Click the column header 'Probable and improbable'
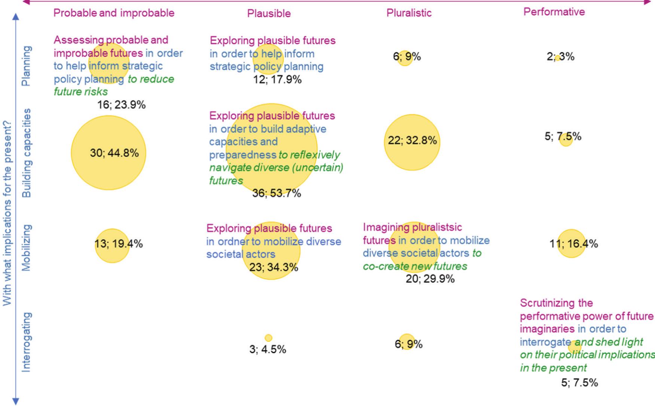114,13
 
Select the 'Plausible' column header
269,13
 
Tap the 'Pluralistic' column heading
409,13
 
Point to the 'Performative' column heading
554,12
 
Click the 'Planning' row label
27,66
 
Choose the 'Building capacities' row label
27,153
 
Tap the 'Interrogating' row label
27,342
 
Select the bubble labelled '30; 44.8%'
109,153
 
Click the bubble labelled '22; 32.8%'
412,142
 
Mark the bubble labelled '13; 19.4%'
112,246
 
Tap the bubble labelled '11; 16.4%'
572,244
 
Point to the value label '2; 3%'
560,57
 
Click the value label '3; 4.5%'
268,349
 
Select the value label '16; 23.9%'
121,105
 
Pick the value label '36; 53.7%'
276,193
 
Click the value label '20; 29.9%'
430,279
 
